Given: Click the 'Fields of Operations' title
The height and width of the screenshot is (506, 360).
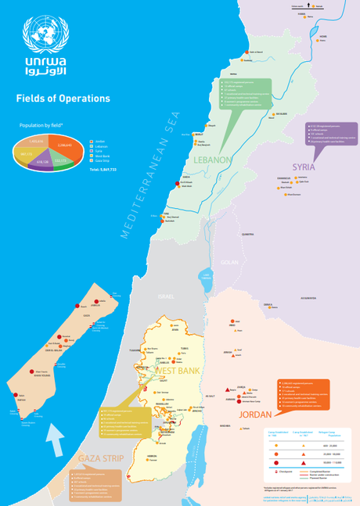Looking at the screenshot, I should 63,99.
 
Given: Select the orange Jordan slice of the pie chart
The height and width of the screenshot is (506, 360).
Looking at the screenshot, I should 59,145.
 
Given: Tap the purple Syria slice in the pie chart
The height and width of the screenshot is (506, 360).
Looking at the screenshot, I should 45,162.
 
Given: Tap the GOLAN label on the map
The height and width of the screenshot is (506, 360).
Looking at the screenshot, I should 230,263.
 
